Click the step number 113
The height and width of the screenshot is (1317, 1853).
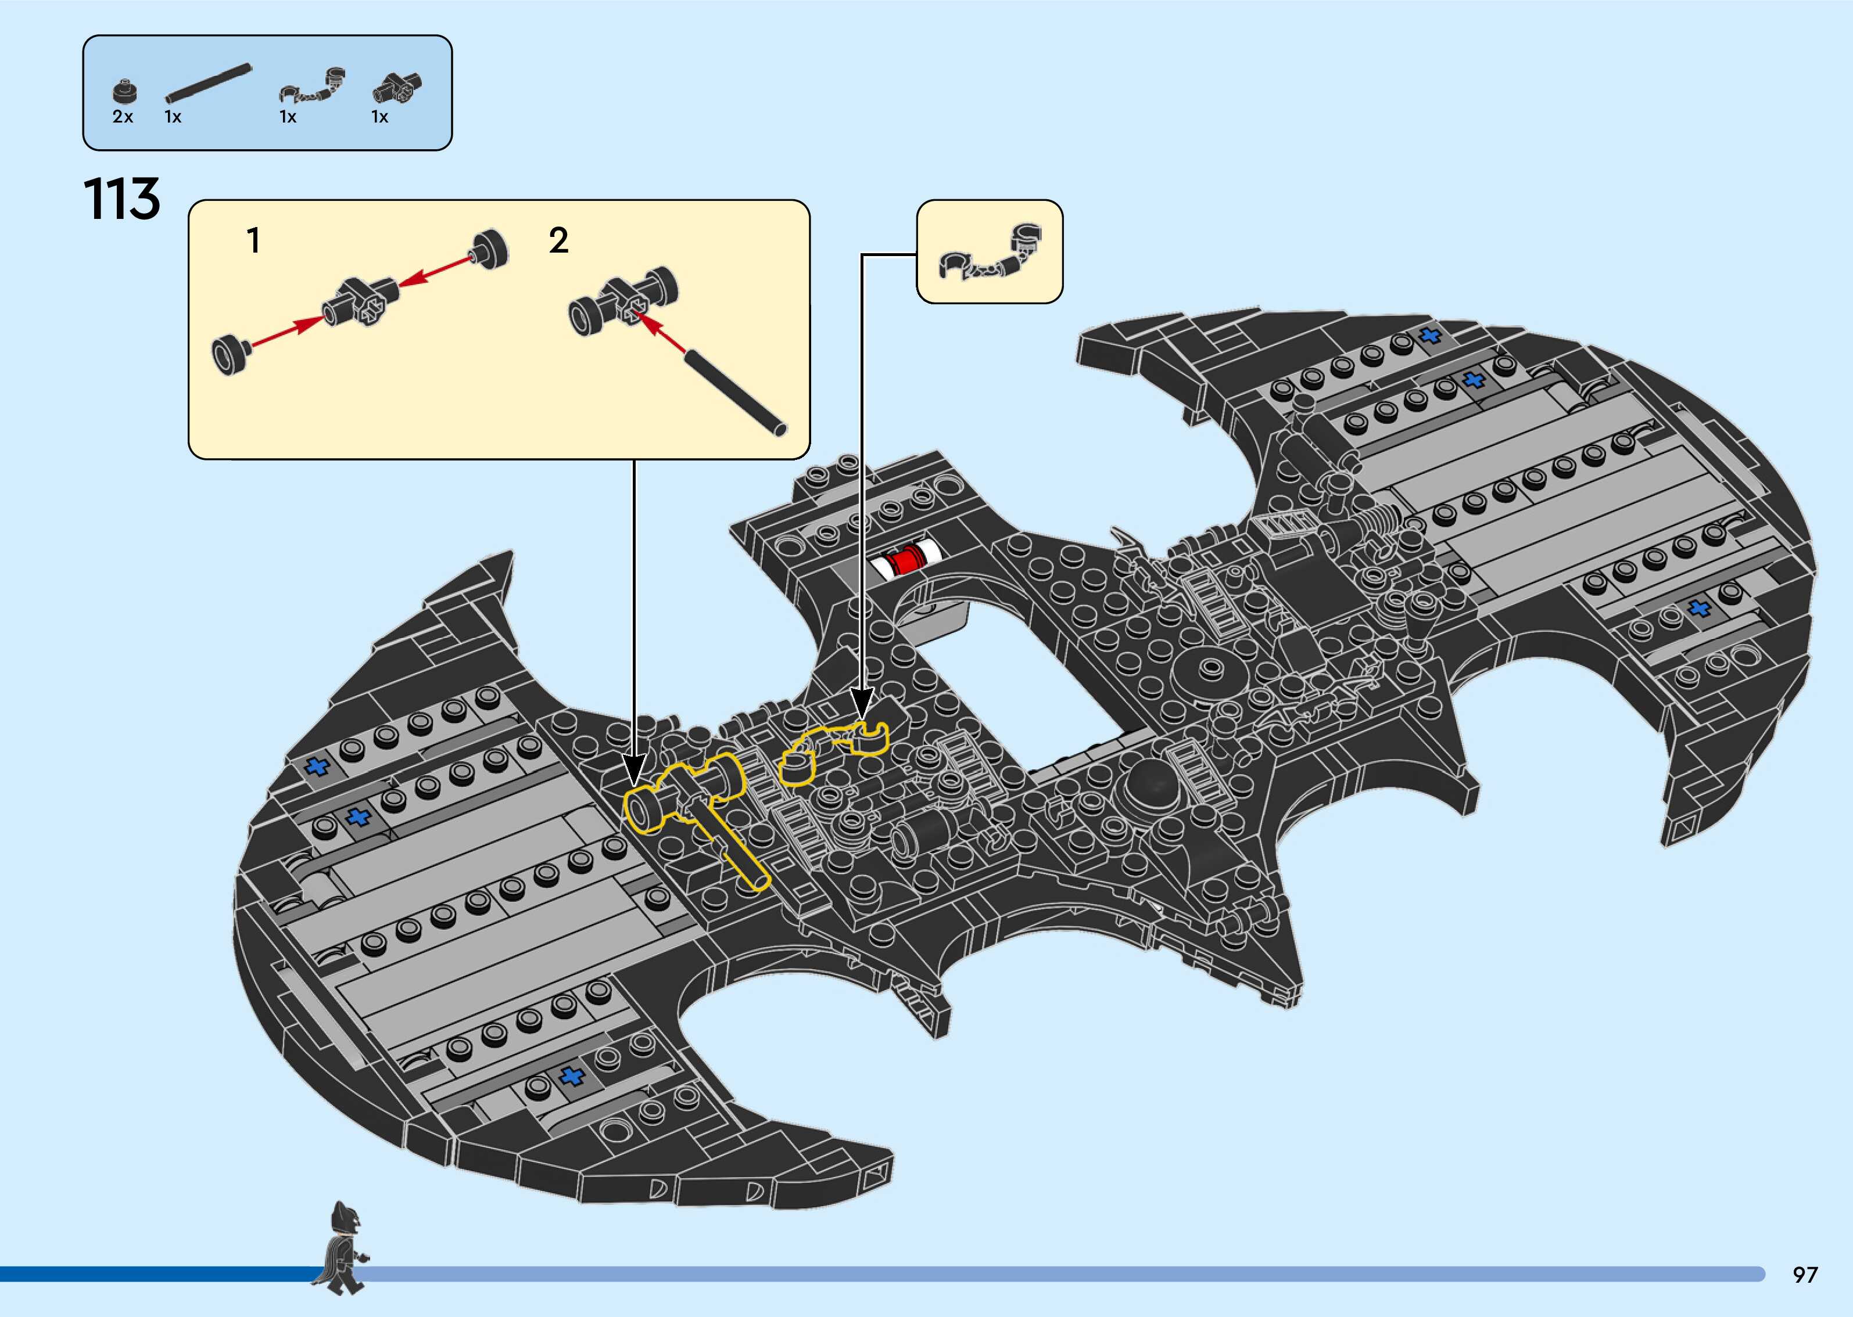[121, 200]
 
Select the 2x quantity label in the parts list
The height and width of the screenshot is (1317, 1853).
[123, 117]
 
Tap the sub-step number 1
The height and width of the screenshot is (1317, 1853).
[253, 241]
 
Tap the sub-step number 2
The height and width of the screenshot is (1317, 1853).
[558, 241]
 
